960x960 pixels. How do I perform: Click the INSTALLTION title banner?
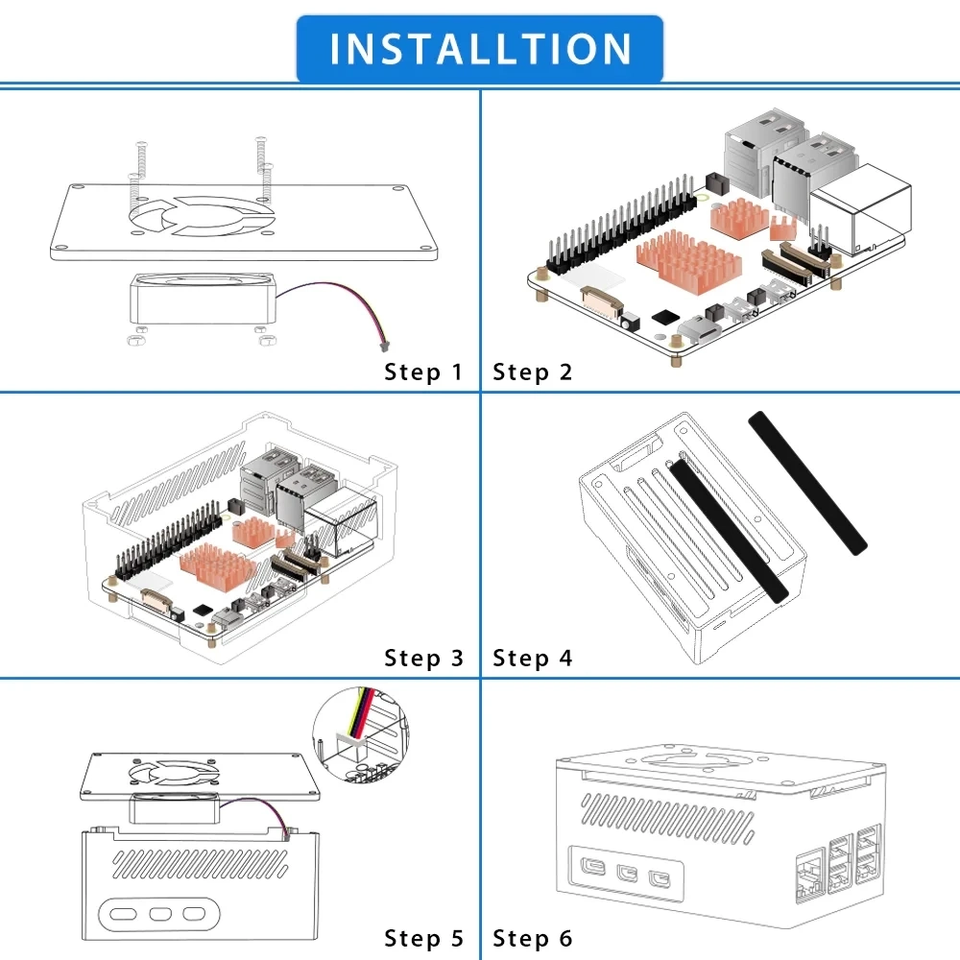pos(480,48)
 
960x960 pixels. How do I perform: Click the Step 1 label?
pos(423,372)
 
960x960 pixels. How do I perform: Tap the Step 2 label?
pos(533,372)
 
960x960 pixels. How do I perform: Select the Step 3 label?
pos(423,659)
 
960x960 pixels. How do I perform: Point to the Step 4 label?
pos(533,659)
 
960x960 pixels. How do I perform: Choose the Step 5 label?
pos(423,939)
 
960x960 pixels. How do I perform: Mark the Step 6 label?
pos(533,939)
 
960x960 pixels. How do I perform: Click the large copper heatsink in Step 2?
pos(683,261)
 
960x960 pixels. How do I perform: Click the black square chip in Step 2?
pos(663,318)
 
